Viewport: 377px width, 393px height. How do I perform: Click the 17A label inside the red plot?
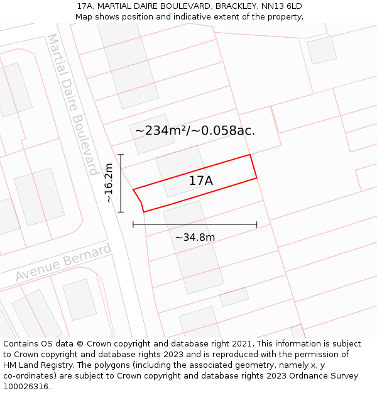[201, 181]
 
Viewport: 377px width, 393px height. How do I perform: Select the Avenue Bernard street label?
[63, 263]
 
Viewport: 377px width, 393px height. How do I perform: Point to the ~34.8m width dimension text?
[195, 238]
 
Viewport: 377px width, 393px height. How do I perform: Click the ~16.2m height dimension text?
[109, 183]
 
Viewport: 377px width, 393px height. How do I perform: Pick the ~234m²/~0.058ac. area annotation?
[195, 131]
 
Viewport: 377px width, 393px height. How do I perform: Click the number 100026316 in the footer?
[26, 387]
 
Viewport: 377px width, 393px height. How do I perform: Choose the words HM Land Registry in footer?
[36, 365]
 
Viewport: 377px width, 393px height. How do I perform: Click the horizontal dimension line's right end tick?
[257, 224]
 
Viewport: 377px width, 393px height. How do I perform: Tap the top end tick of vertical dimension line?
[121, 155]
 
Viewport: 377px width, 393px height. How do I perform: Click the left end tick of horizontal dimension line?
[133, 224]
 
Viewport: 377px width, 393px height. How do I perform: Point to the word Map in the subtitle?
[84, 16]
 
